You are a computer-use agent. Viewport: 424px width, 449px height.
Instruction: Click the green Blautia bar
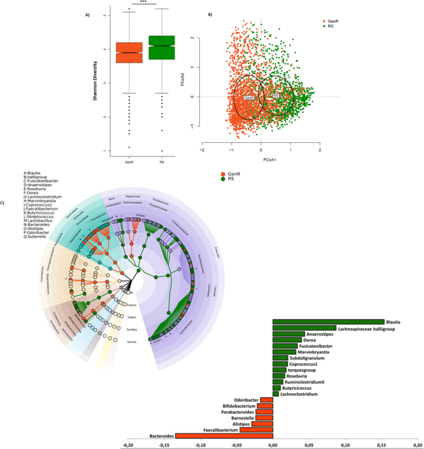(x=328, y=322)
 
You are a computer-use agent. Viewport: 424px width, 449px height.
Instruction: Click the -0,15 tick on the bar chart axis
(x=165, y=444)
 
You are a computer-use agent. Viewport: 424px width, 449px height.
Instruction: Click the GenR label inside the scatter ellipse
(x=249, y=98)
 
